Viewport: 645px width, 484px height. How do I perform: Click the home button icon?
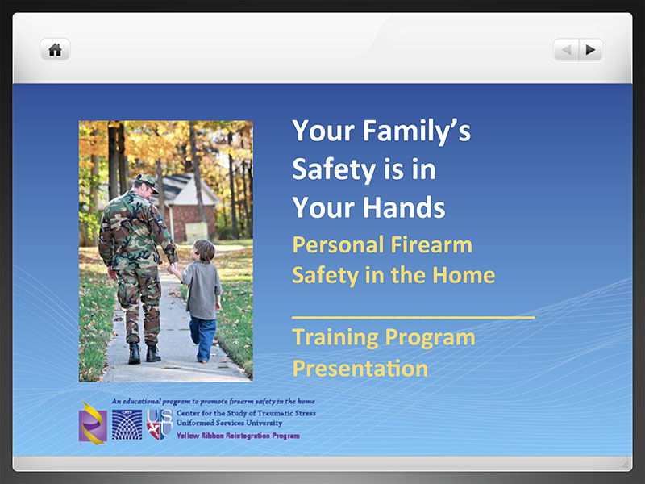point(55,50)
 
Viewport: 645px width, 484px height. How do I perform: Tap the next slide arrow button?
point(591,50)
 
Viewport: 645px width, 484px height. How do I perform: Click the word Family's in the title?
point(416,131)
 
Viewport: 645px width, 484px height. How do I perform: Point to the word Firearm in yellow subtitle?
point(431,244)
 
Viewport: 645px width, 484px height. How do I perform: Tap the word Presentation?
point(360,368)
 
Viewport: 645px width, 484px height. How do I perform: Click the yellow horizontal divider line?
point(414,318)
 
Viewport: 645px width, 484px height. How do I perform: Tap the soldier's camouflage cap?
point(147,181)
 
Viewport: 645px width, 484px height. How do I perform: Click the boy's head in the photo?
point(204,251)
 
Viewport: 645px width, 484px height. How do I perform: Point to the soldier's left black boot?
point(134,353)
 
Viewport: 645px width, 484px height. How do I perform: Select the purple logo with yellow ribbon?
point(93,423)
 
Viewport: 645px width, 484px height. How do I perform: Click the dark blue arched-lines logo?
point(127,424)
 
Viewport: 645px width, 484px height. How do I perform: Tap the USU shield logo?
point(159,424)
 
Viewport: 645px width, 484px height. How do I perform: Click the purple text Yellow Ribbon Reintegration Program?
point(238,436)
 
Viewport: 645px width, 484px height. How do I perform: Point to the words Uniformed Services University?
point(230,423)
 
